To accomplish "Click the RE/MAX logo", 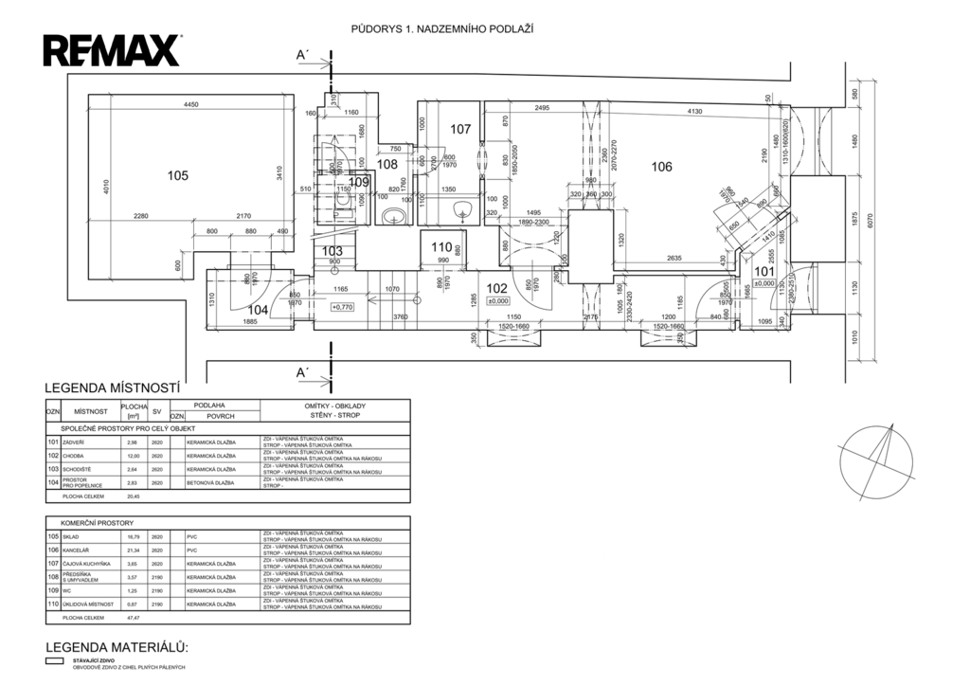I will click(x=113, y=49).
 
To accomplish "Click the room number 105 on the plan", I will click(x=178, y=175).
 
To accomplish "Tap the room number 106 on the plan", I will click(x=661, y=167).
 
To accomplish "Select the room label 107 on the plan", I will click(x=460, y=129).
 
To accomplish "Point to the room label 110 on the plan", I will click(x=441, y=248).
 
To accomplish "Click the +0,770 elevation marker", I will click(x=342, y=307).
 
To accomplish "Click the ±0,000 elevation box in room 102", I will click(x=497, y=301).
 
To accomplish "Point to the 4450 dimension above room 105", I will click(x=191, y=104).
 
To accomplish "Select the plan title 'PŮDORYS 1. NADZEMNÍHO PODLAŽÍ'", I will click(x=441, y=29).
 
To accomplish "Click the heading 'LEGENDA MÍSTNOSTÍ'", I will click(x=113, y=388).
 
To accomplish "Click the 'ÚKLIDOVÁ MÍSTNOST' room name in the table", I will click(x=88, y=604).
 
